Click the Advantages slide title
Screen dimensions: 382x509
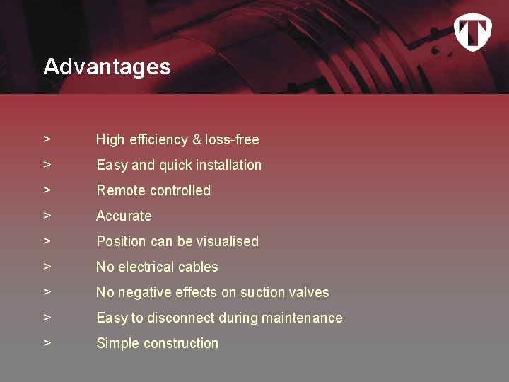(x=107, y=66)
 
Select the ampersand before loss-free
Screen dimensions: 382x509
(x=196, y=139)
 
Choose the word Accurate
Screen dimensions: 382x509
(x=124, y=216)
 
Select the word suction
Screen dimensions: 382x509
(x=262, y=292)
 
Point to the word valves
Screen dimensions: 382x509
(x=309, y=292)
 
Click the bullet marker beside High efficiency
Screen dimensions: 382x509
(x=47, y=139)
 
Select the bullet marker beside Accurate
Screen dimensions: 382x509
(x=47, y=216)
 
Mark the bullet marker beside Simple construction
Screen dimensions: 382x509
(x=47, y=343)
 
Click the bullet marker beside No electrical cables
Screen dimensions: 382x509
(x=47, y=267)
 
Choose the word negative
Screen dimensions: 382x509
(x=144, y=292)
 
